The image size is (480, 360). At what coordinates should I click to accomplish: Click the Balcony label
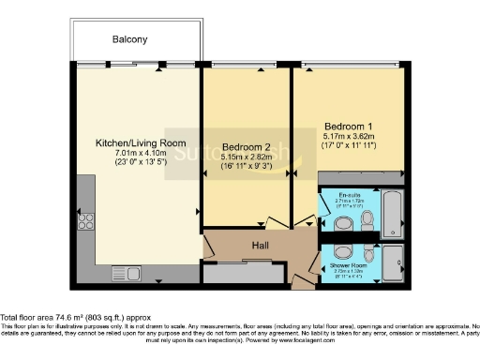coord(130,39)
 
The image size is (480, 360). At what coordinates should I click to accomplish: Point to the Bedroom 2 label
coord(247,147)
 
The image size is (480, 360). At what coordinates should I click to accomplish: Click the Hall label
coord(260,245)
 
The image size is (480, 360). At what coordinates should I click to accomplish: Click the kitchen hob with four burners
coord(86,221)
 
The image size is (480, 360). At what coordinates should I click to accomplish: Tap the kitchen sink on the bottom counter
coord(131,275)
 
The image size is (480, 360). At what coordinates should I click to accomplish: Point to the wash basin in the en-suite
coord(344,223)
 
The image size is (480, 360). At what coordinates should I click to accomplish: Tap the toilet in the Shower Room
coord(367,253)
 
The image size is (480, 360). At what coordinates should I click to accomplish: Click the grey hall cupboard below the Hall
coord(240,273)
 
